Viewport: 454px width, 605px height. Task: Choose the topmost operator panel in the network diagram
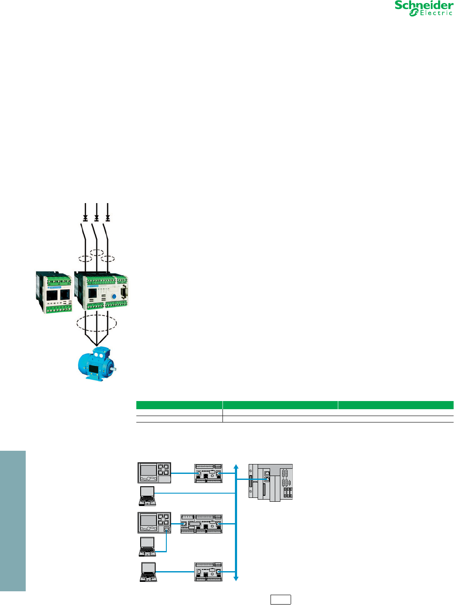tap(154, 473)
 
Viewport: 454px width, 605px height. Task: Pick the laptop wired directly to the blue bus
tap(148, 496)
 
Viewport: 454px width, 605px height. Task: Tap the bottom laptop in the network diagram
tap(148, 572)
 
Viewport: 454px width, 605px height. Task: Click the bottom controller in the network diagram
tap(208, 572)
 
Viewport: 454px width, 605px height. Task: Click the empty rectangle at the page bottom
tap(280, 599)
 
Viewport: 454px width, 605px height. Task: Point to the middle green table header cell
tap(280, 405)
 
